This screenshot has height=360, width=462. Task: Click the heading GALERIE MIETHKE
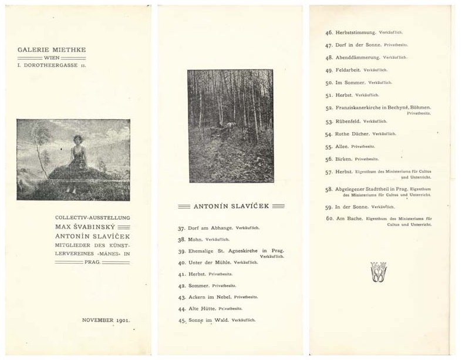[52, 50]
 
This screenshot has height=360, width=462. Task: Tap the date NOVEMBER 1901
[106, 321]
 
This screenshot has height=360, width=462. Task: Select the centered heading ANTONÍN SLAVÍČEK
[231, 206]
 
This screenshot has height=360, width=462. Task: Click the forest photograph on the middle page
[230, 126]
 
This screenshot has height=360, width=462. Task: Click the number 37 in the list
[181, 228]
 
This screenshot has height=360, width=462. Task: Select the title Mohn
[195, 240]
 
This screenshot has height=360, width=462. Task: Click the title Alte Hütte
[201, 308]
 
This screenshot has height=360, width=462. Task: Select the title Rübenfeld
[348, 121]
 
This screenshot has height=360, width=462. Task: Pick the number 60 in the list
[329, 219]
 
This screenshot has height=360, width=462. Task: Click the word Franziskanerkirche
[365, 107]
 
